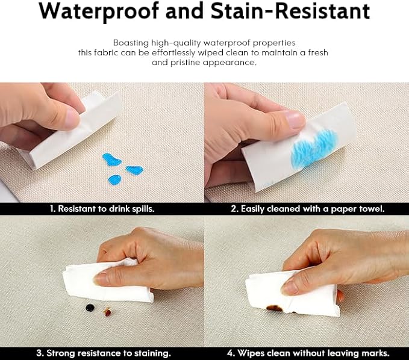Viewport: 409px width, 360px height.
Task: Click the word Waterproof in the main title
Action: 99,11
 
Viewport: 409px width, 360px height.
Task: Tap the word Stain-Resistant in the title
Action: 290,10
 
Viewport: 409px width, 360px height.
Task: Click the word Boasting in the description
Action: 131,43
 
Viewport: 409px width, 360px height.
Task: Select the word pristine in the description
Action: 186,63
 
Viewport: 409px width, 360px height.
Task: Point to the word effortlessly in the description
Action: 173,52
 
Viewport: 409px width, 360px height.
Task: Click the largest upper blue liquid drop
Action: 111,160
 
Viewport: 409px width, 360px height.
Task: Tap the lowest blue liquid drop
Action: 114,179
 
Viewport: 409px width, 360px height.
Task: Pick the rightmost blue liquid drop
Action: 134,170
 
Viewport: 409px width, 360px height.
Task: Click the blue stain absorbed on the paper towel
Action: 314,148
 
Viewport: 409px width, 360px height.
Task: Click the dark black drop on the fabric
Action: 90,308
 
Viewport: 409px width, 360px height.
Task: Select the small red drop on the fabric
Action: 107,312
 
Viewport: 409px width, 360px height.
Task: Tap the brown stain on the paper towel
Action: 275,308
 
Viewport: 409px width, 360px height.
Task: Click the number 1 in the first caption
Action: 52,209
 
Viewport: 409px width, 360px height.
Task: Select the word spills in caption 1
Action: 143,209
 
